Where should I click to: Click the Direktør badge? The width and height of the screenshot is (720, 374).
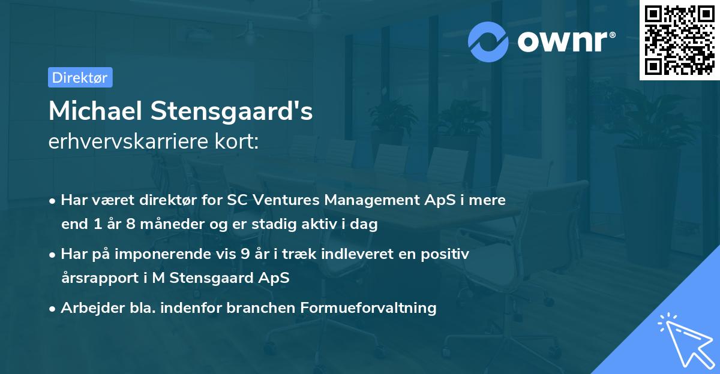tap(80, 77)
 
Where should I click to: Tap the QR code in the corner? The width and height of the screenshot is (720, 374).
tap(679, 40)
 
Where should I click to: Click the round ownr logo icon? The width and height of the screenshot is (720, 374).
tap(488, 41)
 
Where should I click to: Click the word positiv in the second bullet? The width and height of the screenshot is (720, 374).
tap(447, 254)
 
